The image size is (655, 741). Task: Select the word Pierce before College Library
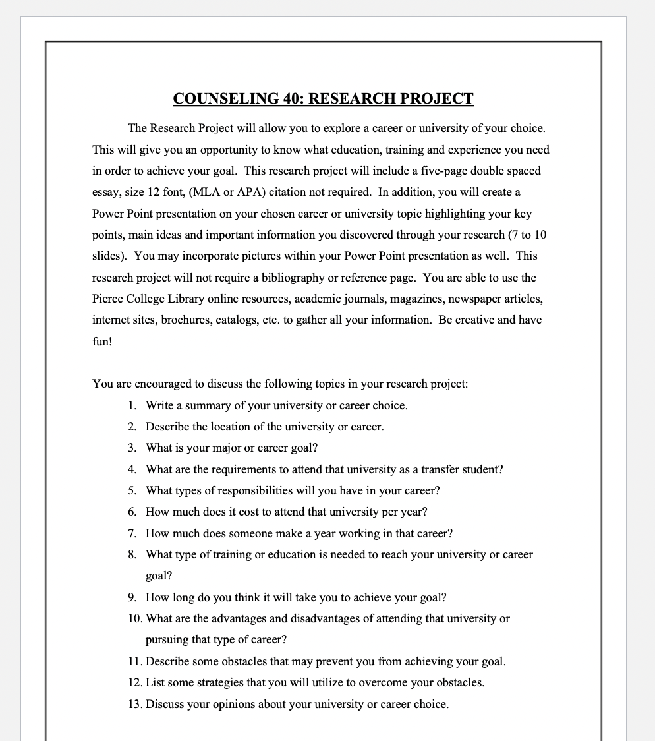[108, 299]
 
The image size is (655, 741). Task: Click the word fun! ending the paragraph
[102, 341]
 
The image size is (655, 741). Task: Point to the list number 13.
[135, 704]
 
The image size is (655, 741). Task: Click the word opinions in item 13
[233, 704]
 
